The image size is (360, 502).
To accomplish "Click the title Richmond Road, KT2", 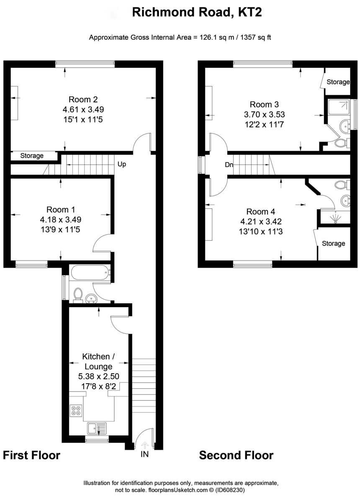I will (x=197, y=13).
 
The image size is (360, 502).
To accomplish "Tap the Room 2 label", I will (x=83, y=100).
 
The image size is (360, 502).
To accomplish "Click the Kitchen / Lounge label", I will (x=98, y=361).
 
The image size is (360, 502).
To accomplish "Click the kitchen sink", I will (x=97, y=428).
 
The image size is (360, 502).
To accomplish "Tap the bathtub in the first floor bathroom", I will (x=90, y=274).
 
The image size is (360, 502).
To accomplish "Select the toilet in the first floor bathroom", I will (x=78, y=295).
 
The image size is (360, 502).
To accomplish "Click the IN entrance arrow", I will (x=144, y=446).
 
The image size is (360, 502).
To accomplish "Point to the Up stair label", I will (x=122, y=164).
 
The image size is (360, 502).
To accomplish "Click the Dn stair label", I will (x=229, y=165).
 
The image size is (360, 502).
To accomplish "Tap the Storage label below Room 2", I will (x=32, y=156).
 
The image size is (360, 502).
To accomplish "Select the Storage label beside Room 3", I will (x=338, y=82).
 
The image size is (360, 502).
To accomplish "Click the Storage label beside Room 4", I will (x=334, y=243).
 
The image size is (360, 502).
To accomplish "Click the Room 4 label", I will (x=261, y=211).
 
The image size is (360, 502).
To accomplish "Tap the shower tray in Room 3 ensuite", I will (x=338, y=108).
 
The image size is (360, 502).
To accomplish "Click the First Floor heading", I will (x=32, y=455).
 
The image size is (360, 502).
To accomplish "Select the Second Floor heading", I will (x=236, y=455).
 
